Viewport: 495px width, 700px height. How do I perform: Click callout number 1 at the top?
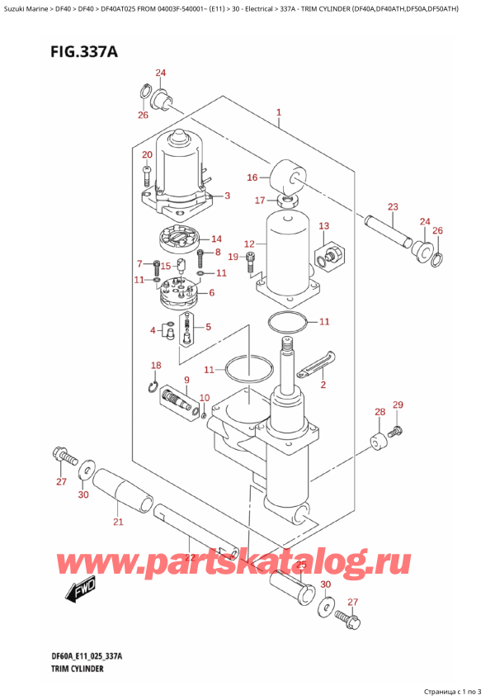[x=279, y=112]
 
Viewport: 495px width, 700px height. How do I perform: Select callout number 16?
[x=252, y=177]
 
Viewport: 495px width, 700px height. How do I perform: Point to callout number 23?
[x=393, y=206]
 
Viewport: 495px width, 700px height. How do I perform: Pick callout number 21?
[x=117, y=522]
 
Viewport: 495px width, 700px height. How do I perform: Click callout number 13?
[x=323, y=226]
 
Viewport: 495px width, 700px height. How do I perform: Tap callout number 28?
[x=379, y=412]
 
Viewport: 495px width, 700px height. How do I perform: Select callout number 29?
[x=398, y=404]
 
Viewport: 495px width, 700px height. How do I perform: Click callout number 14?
[x=216, y=239]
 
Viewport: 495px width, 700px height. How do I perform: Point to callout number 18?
[x=155, y=365]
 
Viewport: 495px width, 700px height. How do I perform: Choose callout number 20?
[x=147, y=155]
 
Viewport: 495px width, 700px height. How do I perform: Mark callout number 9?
[x=186, y=380]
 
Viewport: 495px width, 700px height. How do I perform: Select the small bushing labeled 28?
[x=379, y=444]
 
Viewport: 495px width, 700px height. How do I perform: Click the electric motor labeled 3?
[x=179, y=165]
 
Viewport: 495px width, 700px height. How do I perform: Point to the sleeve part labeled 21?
[x=122, y=490]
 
